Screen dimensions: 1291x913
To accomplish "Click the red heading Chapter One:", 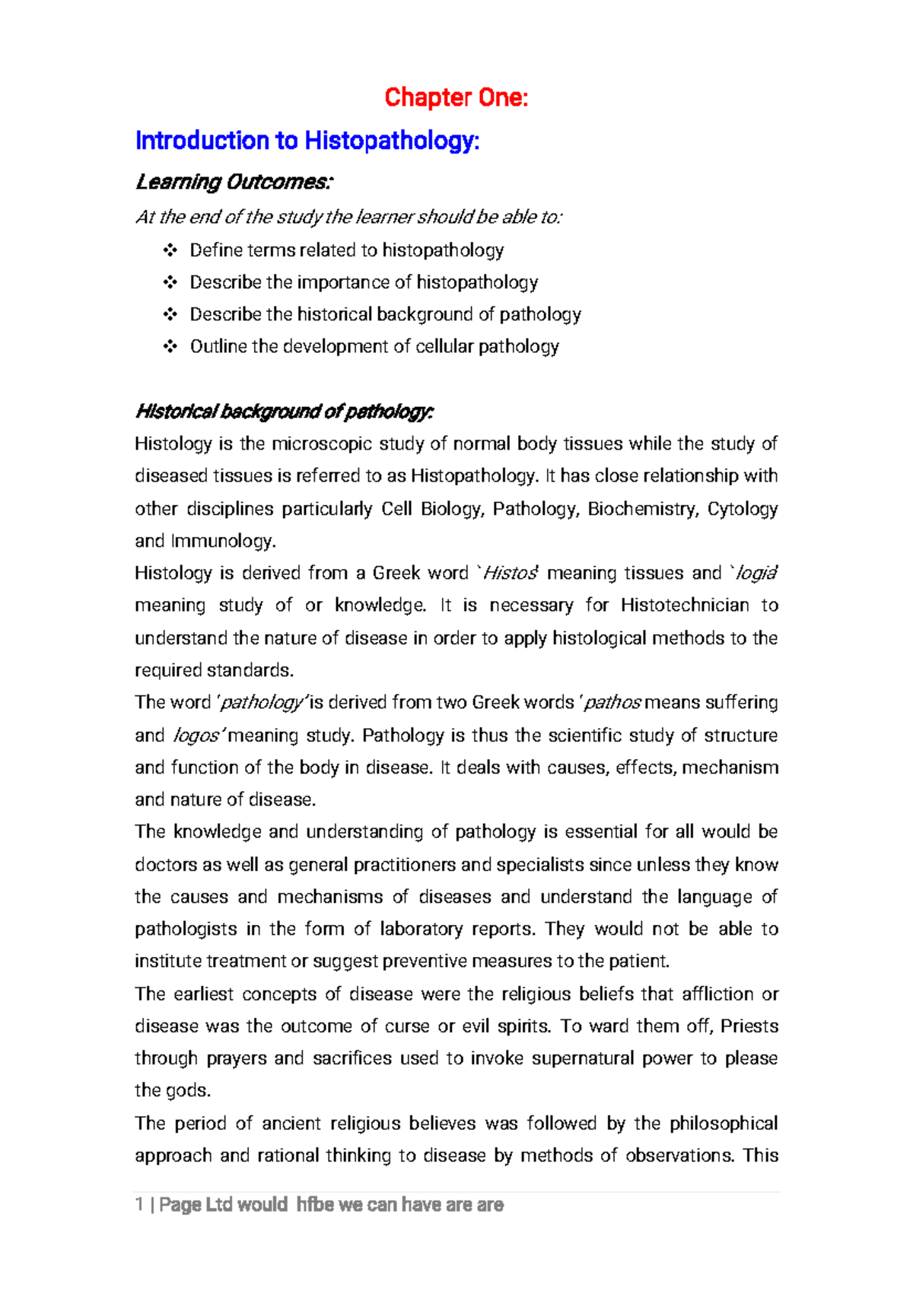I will coord(456,97).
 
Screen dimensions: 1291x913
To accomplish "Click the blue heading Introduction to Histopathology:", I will coord(307,141).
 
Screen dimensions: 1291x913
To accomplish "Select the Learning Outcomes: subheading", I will coord(234,183).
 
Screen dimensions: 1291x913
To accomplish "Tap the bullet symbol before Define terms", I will coord(169,250).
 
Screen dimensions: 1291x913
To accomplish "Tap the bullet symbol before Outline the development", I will coord(169,347).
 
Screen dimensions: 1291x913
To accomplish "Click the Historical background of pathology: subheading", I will coord(284,412).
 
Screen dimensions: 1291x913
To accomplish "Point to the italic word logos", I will coord(196,736).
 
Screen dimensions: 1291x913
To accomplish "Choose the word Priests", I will coord(749,1026).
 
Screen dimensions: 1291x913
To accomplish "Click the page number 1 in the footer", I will coord(139,1205).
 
